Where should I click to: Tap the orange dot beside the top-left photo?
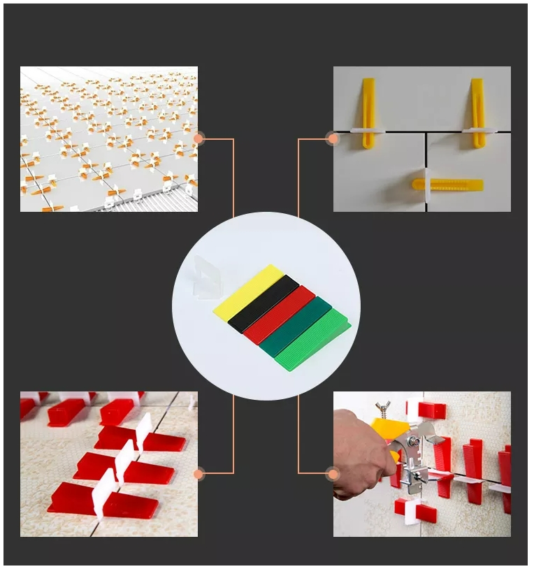pos(199,138)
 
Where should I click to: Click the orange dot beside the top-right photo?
pos(333,138)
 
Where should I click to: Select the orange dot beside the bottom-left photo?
pos(199,475)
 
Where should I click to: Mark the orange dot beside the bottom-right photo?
pos(333,475)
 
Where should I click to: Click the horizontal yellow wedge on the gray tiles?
pos(447,185)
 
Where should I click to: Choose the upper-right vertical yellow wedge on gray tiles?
pos(477,112)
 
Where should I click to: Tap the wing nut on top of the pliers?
pos(383,407)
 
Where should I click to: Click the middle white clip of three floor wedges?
pos(125,458)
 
